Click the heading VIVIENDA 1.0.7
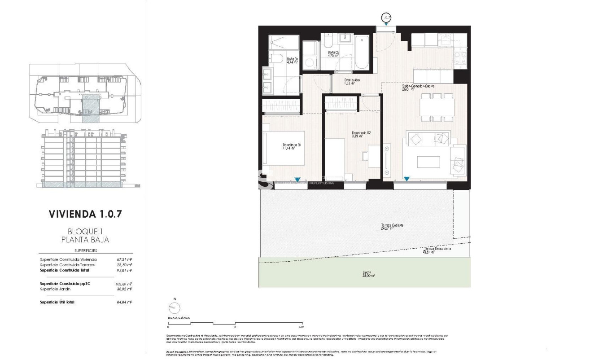85,214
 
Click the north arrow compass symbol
174,308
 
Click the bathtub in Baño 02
361,53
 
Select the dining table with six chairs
437,107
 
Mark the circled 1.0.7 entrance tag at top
386,18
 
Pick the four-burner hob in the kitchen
460,58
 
